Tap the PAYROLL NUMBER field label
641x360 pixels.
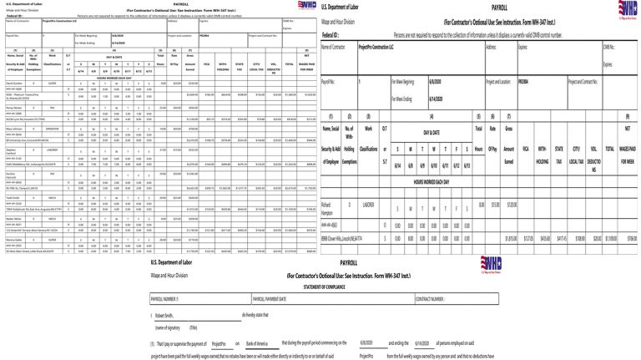click(x=164, y=298)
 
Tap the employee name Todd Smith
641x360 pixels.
click(x=14, y=197)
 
